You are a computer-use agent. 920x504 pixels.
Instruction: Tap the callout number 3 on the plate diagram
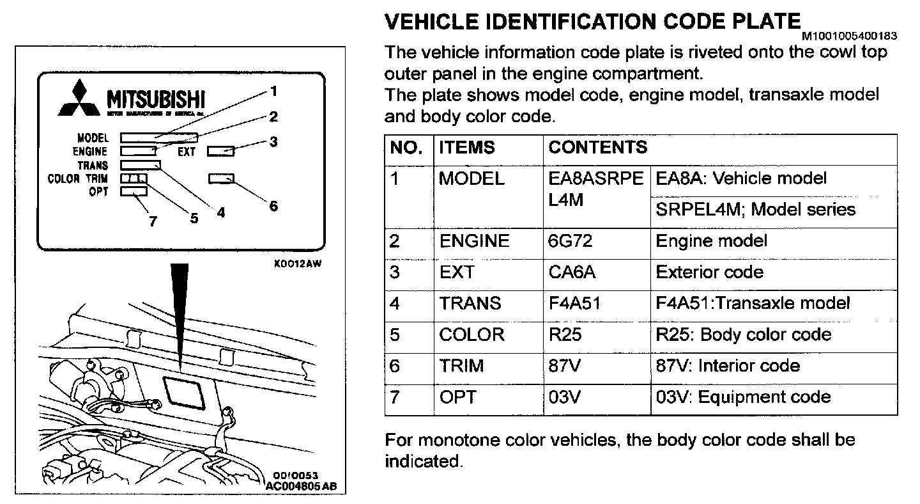(273, 142)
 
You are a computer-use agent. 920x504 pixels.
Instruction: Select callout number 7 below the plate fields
(153, 221)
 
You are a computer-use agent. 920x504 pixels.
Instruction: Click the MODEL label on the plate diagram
(93, 138)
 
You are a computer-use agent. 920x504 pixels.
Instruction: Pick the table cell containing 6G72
(571, 241)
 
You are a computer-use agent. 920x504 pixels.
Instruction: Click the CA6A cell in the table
(572, 272)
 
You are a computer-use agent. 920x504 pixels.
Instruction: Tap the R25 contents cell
(565, 335)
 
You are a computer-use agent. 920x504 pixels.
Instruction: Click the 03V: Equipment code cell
(744, 397)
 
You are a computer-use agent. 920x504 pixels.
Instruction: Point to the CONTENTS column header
(598, 148)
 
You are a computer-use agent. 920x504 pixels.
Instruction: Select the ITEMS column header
(466, 148)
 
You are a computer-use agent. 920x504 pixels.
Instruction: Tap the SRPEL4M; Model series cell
(755, 210)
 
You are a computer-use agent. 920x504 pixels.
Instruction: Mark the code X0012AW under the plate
(295, 262)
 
